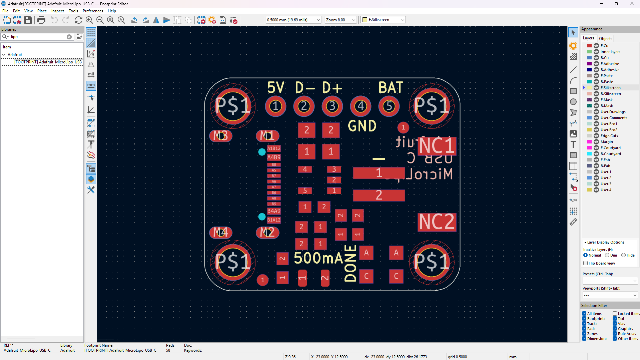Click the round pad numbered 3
click(x=332, y=106)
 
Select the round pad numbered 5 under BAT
click(x=389, y=106)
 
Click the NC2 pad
click(x=437, y=222)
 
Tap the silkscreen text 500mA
click(x=318, y=258)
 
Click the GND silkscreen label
click(x=362, y=126)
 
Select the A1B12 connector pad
click(x=274, y=148)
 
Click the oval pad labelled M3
click(x=220, y=136)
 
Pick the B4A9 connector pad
click(x=274, y=211)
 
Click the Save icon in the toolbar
click(x=28, y=20)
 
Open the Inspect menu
click(x=57, y=11)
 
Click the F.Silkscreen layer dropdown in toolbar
click(x=383, y=20)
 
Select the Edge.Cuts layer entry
click(x=609, y=136)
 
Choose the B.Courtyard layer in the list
click(x=610, y=154)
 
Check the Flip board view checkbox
click(x=585, y=263)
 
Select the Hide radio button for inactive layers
click(x=623, y=255)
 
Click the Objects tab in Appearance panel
click(x=605, y=38)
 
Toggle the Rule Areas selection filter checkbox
click(x=615, y=334)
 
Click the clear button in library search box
click(x=69, y=37)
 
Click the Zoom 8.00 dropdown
click(x=341, y=20)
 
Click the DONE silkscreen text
click(x=351, y=264)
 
